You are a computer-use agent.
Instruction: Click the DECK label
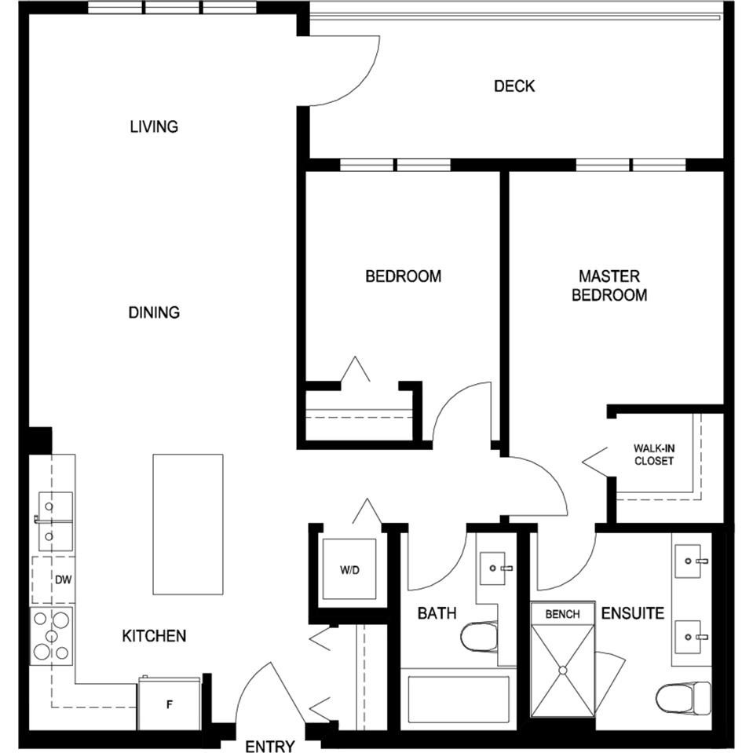[514, 86]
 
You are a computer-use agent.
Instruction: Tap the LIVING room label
[154, 126]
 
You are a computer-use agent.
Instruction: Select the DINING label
[154, 313]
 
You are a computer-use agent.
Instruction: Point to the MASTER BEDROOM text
[609, 286]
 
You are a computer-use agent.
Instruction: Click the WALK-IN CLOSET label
[654, 455]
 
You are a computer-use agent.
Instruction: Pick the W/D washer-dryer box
[349, 569]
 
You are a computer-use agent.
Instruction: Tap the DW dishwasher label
[64, 579]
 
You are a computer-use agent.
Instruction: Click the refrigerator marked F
[169, 704]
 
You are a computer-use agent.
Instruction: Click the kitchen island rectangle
[188, 524]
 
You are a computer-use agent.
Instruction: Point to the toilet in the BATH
[480, 636]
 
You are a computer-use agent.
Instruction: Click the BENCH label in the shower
[562, 613]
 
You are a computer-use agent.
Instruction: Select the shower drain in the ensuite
[562, 670]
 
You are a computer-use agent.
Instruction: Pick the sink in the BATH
[495, 566]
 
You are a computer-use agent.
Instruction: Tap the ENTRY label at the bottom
[270, 745]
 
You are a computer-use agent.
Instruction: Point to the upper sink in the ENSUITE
[691, 561]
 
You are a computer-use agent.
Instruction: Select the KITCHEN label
[154, 635]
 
